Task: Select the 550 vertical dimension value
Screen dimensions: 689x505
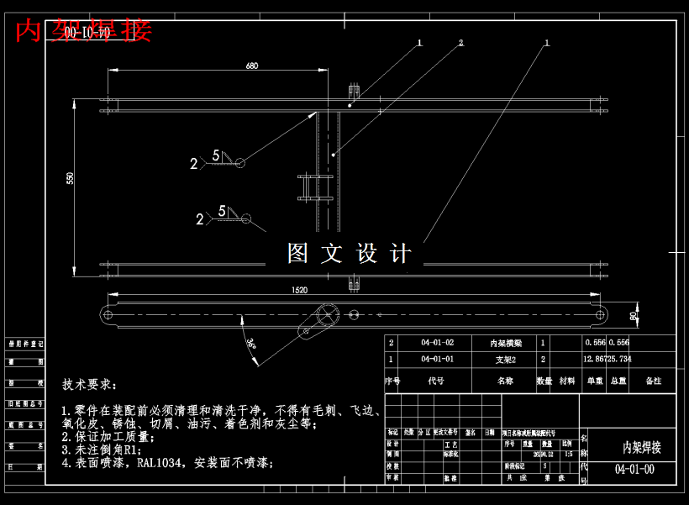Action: pyautogui.click(x=71, y=178)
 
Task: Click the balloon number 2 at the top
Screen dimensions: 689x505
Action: pyautogui.click(x=460, y=42)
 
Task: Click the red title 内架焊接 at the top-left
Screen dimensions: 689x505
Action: pyautogui.click(x=84, y=31)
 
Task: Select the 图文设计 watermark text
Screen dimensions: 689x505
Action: pyautogui.click(x=350, y=253)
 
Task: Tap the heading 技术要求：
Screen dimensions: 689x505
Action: pyautogui.click(x=91, y=384)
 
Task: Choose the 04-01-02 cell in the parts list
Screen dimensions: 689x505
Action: pyautogui.click(x=437, y=343)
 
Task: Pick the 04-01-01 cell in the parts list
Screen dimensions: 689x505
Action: pyautogui.click(x=437, y=359)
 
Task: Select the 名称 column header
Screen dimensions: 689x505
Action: pyautogui.click(x=505, y=381)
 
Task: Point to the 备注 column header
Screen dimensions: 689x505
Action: pyautogui.click(x=653, y=381)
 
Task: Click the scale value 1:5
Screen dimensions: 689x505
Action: pyautogui.click(x=570, y=454)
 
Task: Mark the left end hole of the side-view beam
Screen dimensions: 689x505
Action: pyautogui.click(x=108, y=314)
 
